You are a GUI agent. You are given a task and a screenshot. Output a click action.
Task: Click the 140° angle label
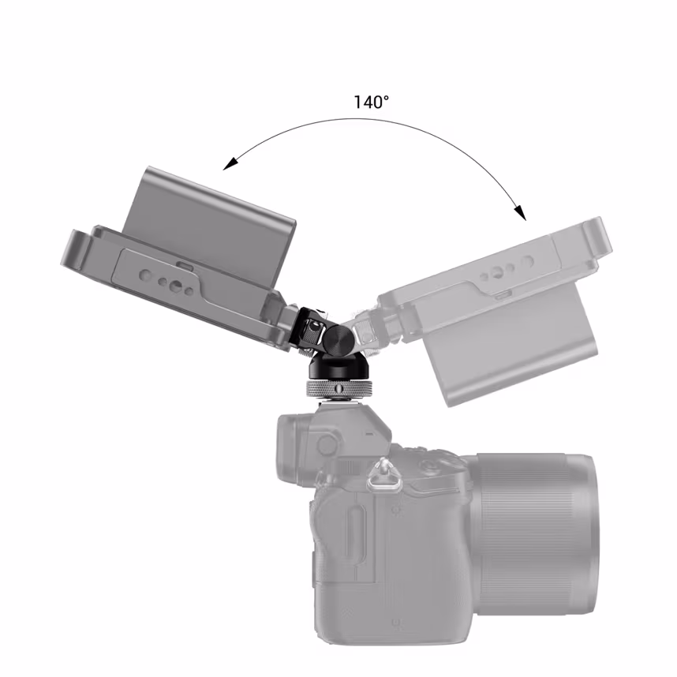tap(371, 103)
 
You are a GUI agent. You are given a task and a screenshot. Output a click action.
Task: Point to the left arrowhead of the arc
tap(230, 163)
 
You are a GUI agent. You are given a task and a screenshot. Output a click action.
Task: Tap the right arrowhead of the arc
tap(520, 212)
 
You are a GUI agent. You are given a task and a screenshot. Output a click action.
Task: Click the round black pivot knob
tap(338, 339)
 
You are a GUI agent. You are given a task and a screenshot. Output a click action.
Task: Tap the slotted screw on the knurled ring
tap(338, 388)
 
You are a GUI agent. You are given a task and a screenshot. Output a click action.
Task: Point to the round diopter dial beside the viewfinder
tap(327, 444)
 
